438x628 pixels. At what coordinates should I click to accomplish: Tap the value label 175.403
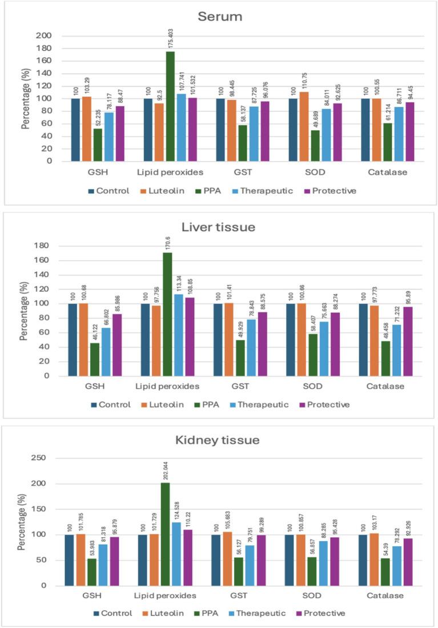pyautogui.click(x=171, y=37)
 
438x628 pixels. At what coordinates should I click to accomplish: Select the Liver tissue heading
pyautogui.click(x=219, y=227)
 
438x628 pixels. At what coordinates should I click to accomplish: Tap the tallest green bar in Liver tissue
pyautogui.click(x=167, y=314)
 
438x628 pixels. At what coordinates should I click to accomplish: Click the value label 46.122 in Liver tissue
pyautogui.click(x=94, y=293)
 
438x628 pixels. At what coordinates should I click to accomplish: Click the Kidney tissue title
pyautogui.click(x=219, y=440)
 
